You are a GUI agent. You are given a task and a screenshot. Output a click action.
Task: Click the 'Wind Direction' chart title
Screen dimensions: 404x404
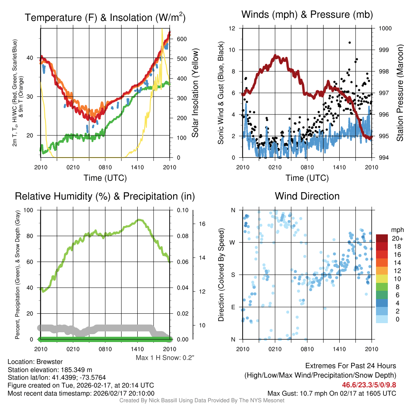pyautogui.click(x=307, y=196)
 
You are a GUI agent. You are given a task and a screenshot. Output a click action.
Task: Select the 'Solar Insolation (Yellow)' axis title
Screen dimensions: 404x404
pyautogui.click(x=195, y=93)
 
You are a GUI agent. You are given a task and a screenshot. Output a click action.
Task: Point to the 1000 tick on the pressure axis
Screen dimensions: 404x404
pyautogui.click(x=385, y=28)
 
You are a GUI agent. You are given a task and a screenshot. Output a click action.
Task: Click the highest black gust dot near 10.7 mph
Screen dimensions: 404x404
pyautogui.click(x=350, y=42)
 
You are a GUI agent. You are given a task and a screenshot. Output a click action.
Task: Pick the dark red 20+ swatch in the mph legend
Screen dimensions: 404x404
pyautogui.click(x=382, y=238)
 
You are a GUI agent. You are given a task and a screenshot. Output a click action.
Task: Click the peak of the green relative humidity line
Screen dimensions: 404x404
pyautogui.click(x=139, y=220)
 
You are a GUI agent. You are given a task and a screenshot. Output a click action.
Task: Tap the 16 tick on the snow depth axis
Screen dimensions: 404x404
pyautogui.click(x=203, y=224)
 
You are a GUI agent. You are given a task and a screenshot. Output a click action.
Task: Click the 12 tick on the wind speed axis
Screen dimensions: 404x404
pyautogui.click(x=232, y=28)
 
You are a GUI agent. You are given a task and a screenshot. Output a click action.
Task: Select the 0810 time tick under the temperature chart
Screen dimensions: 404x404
pyautogui.click(x=105, y=167)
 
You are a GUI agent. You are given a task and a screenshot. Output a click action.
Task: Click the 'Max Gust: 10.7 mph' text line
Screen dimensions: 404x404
pyautogui.click(x=332, y=393)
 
